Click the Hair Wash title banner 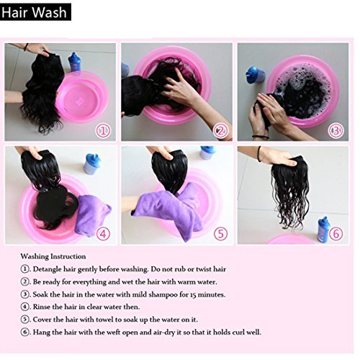click(x=35, y=12)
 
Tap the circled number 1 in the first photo click(x=104, y=131)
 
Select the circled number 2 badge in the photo click(x=220, y=131)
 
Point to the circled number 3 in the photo click(x=336, y=131)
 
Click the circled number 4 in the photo click(x=103, y=234)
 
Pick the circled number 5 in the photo click(x=220, y=234)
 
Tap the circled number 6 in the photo click(x=336, y=233)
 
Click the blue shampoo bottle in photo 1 click(x=74, y=62)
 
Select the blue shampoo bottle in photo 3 click(x=255, y=74)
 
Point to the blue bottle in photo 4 click(x=91, y=164)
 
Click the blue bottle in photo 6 click(x=323, y=228)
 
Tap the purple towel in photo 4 click(x=93, y=215)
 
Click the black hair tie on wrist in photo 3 click(x=261, y=138)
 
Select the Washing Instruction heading click(x=53, y=256)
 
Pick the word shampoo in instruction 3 click(x=163, y=294)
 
